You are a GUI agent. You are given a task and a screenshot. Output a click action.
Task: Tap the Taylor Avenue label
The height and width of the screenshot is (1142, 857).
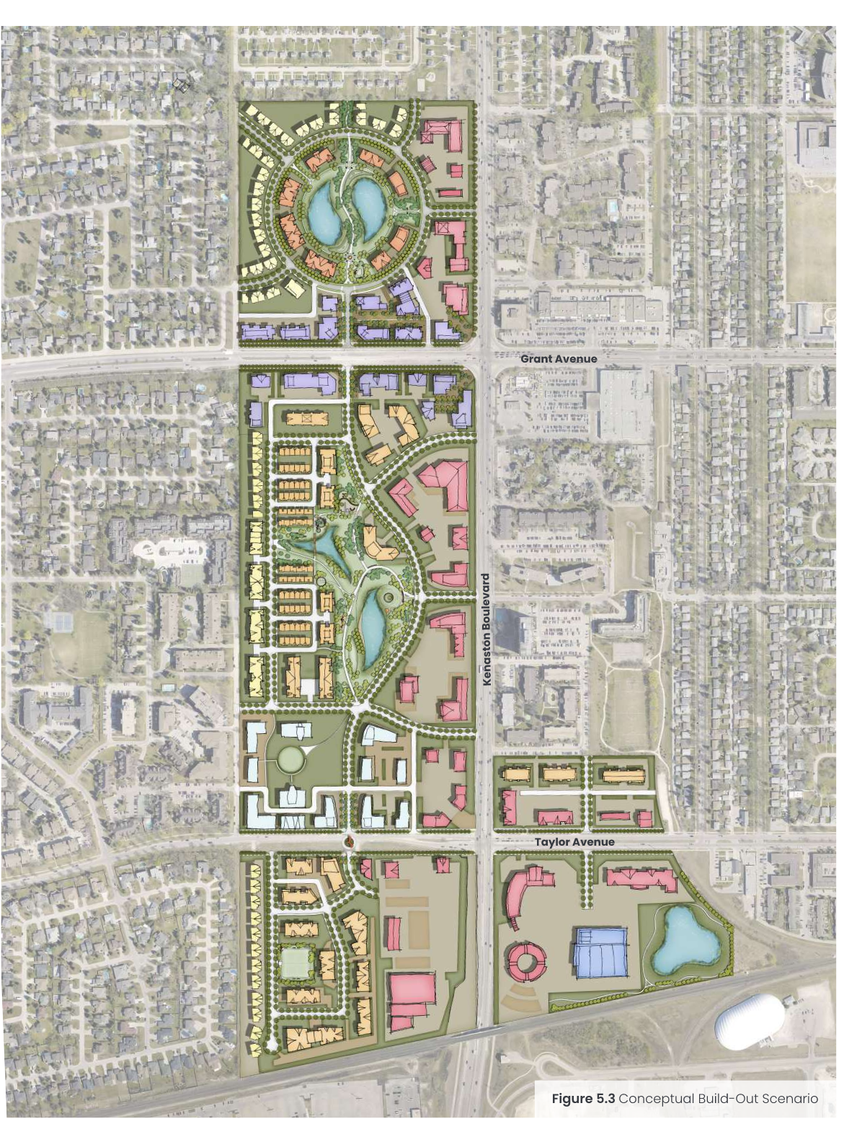pyautogui.click(x=574, y=841)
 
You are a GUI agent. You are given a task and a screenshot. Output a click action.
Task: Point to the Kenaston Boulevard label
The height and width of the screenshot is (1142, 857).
pyautogui.click(x=487, y=629)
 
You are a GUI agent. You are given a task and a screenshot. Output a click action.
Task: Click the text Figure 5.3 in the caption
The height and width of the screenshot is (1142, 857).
pyautogui.click(x=583, y=1099)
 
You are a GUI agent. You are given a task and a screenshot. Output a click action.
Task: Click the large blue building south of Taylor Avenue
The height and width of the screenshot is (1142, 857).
pyautogui.click(x=600, y=953)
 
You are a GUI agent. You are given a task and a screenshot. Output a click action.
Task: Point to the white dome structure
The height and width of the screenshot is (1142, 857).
pyautogui.click(x=750, y=1022)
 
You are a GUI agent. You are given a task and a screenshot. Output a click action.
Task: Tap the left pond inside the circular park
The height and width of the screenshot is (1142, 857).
pyautogui.click(x=327, y=211)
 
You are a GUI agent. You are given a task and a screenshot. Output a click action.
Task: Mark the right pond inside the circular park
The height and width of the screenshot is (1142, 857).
pyautogui.click(x=368, y=204)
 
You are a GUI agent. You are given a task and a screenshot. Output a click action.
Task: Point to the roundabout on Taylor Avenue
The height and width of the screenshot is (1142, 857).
pyautogui.click(x=350, y=841)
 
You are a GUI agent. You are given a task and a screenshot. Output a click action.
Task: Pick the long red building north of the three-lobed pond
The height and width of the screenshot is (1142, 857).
pyautogui.click(x=641, y=879)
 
